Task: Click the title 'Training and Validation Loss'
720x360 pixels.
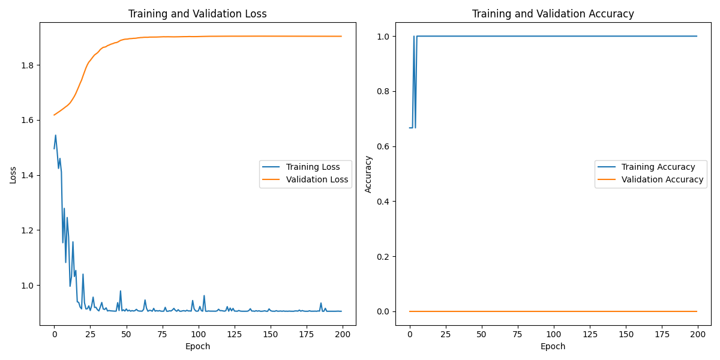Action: tap(198, 14)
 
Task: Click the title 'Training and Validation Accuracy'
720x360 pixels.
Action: tap(553, 14)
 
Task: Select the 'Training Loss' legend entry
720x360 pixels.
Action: tap(313, 167)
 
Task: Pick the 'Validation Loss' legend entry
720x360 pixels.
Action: tap(317, 179)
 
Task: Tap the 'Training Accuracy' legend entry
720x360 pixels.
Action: tap(658, 167)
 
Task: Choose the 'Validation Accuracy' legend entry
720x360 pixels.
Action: tap(662, 179)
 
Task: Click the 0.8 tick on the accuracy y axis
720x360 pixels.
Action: tap(384, 91)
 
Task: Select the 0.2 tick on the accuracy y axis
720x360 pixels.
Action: tap(384, 257)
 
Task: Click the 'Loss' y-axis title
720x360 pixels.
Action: tap(13, 174)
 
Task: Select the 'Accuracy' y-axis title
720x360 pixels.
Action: tap(368, 174)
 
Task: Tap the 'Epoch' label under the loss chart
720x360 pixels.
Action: tap(198, 346)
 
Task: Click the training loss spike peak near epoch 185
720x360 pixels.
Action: tap(321, 303)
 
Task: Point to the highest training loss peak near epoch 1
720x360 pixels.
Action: tap(56, 135)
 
